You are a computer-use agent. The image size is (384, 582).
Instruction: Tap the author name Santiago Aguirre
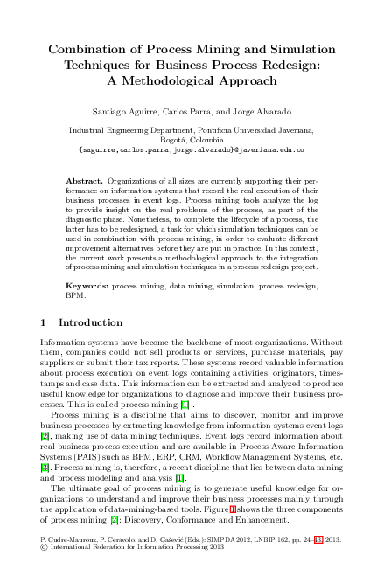pos(125,114)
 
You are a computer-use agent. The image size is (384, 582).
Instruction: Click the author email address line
pos(192,149)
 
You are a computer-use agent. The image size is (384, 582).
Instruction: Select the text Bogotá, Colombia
pos(192,139)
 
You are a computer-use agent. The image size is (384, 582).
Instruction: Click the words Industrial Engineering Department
pos(122,129)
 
